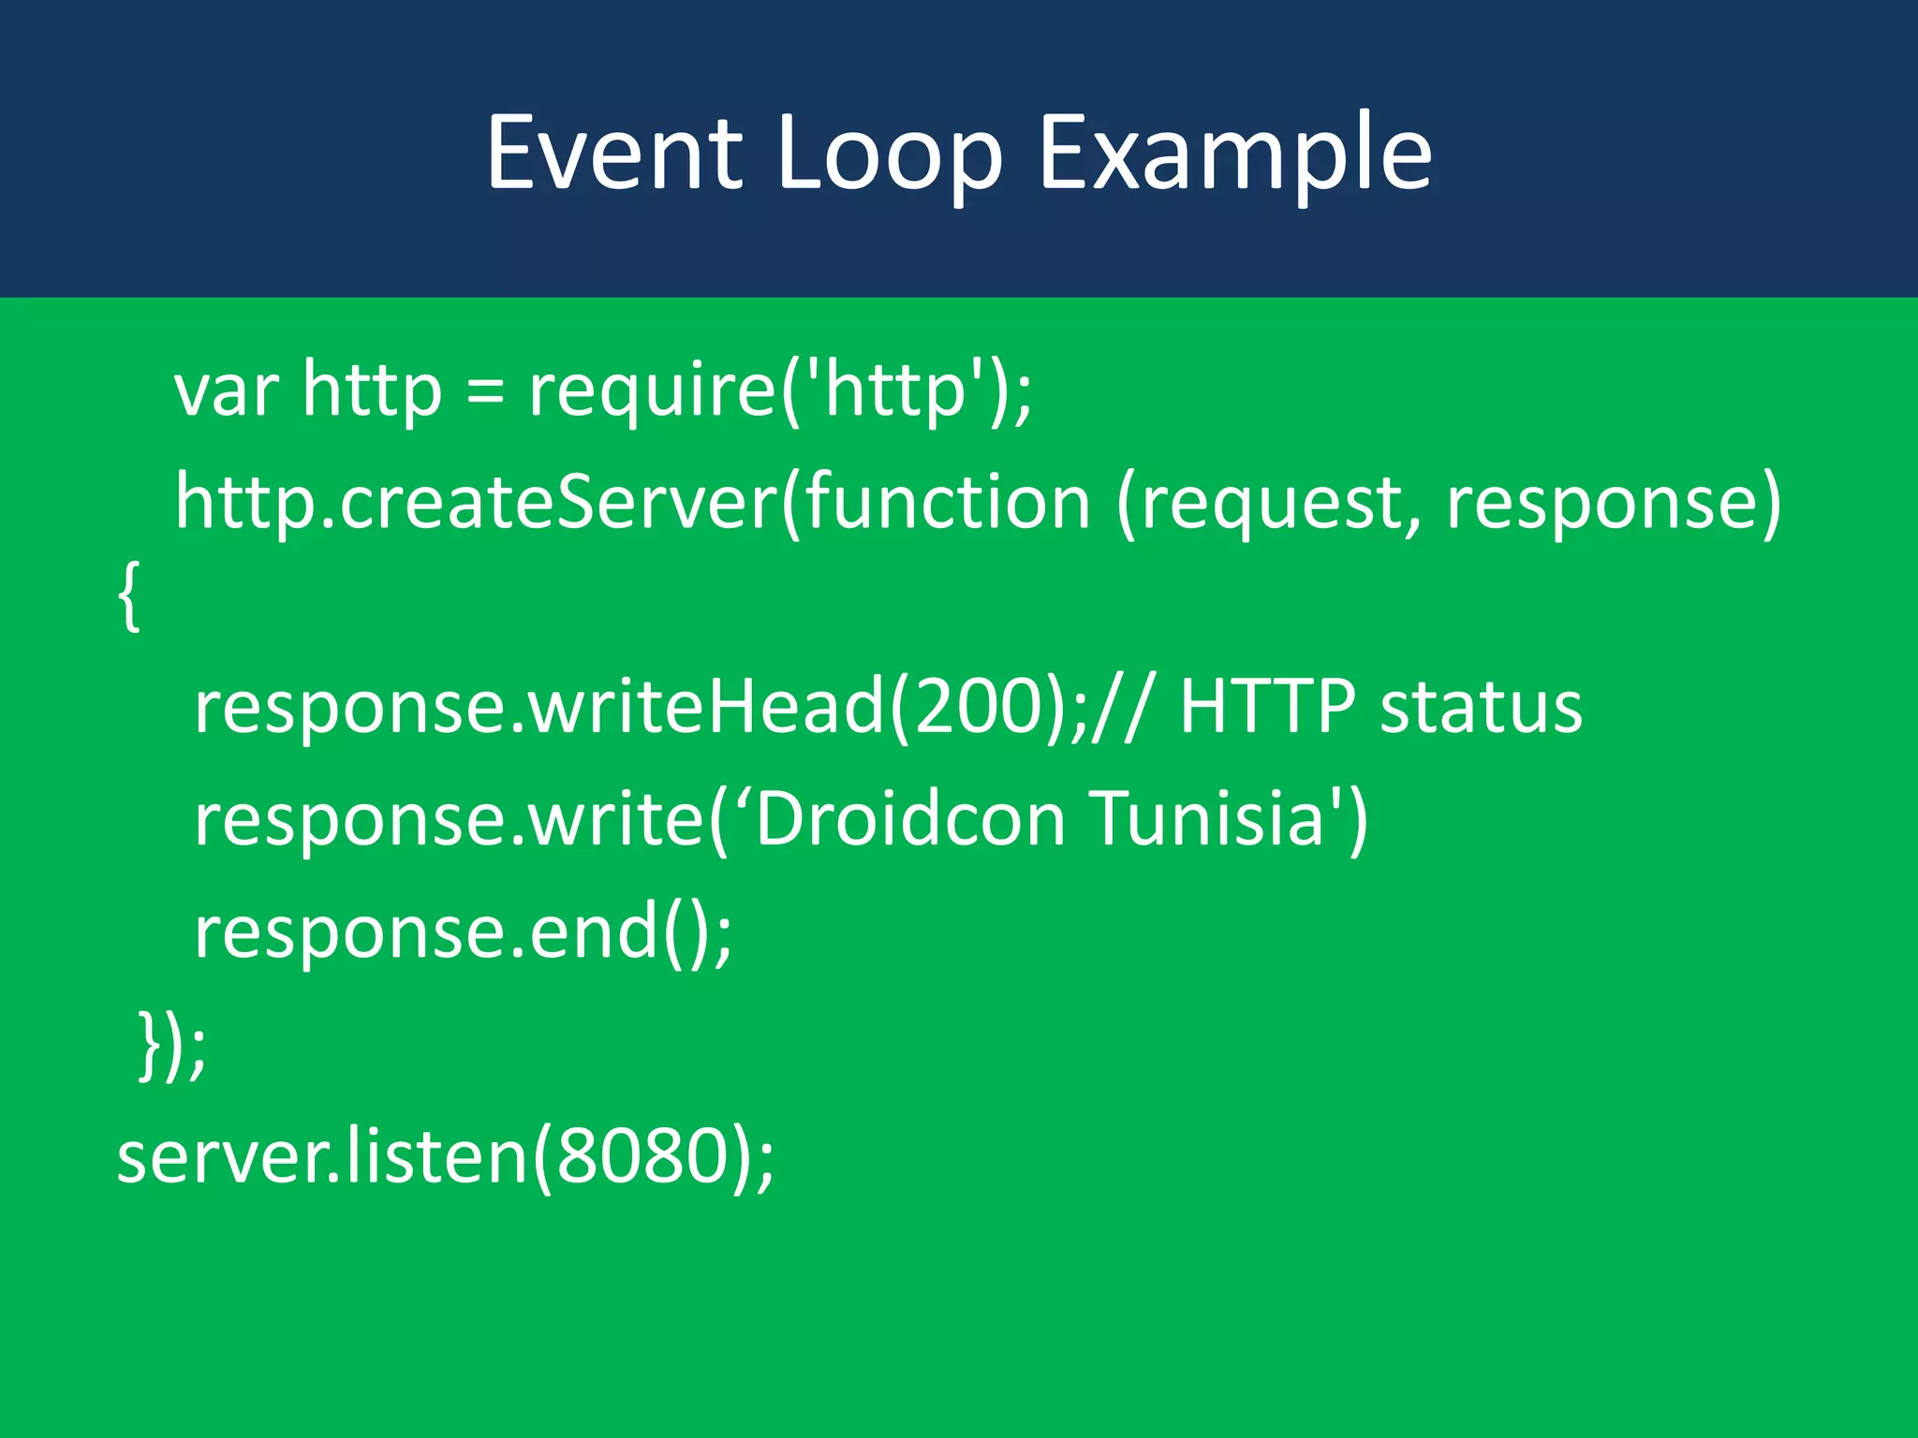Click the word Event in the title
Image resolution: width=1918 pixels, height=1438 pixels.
point(615,153)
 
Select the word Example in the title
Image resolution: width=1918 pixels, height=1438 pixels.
point(1234,153)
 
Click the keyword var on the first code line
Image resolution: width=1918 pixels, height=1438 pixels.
point(226,390)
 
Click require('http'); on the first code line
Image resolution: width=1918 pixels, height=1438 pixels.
point(780,390)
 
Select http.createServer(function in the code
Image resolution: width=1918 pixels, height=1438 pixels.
point(633,503)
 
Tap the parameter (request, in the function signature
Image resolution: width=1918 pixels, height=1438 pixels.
point(1270,503)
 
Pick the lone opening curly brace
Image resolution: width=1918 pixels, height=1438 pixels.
point(129,596)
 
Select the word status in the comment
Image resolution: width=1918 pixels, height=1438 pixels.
point(1481,707)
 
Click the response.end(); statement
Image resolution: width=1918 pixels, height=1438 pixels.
point(463,932)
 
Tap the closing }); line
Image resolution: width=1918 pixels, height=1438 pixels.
point(171,1045)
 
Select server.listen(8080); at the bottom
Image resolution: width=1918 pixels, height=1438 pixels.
point(446,1157)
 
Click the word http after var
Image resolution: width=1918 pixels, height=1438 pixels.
point(372,390)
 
